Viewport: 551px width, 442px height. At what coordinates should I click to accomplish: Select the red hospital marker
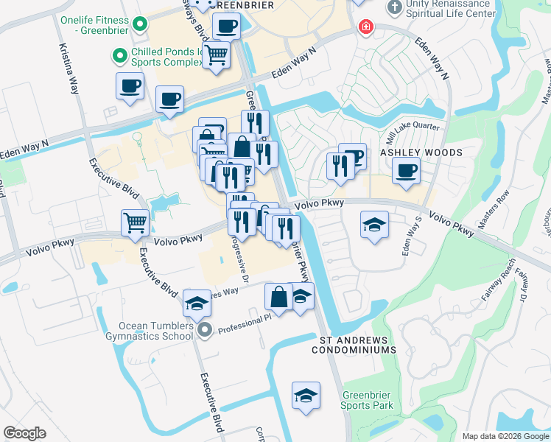tap(364, 28)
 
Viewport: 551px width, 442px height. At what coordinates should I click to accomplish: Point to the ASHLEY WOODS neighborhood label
tap(421, 152)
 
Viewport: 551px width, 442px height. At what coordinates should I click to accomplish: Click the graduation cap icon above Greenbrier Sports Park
tap(306, 396)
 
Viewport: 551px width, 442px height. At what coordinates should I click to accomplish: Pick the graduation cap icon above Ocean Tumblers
tap(197, 303)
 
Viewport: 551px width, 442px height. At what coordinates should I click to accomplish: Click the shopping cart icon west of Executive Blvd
tap(135, 222)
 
